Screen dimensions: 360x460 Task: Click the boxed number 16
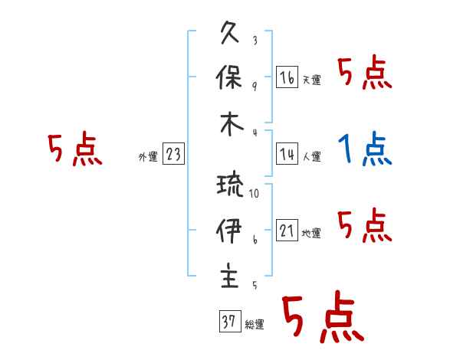point(287,77)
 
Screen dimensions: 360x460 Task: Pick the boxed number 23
point(173,154)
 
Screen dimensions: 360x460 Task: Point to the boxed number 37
point(229,322)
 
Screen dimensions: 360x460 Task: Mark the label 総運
point(255,325)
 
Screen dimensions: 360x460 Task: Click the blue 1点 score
point(365,149)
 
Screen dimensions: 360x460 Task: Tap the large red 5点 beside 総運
point(322,318)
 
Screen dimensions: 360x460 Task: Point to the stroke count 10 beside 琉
point(254,194)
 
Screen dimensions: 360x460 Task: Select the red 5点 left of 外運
point(74,149)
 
